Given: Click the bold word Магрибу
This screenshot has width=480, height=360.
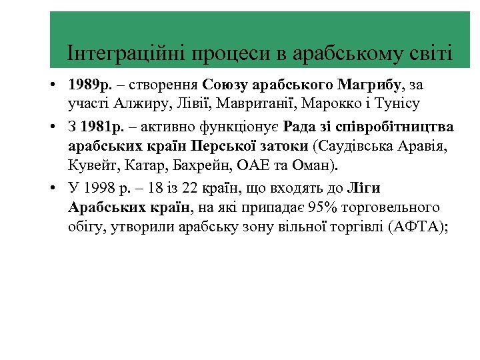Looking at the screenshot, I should (370, 85).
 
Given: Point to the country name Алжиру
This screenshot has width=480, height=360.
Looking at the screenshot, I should (143, 104).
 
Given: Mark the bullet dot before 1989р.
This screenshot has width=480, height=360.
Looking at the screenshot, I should (53, 86).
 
